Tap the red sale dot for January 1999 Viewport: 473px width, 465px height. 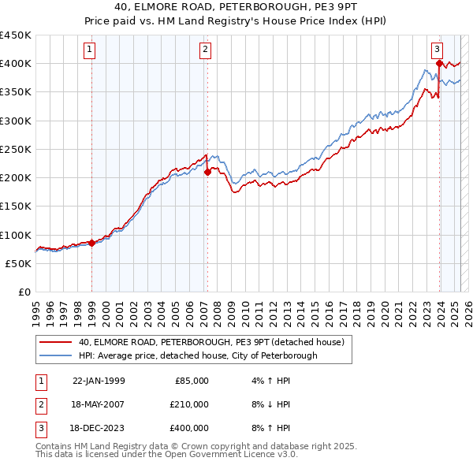91,243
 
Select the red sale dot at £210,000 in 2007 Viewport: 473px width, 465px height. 207,172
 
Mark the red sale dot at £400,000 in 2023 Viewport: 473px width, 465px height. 438,63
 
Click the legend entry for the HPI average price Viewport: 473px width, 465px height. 197,355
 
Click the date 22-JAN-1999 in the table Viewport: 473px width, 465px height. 99,381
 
